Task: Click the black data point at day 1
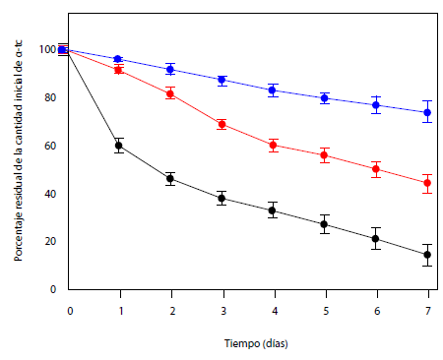coord(119,146)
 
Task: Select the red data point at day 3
coord(221,124)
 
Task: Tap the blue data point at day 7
coord(427,112)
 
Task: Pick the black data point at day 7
coord(427,255)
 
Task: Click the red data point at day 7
coord(427,183)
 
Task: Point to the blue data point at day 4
coord(273,90)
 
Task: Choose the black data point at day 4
coord(273,210)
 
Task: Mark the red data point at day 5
coord(324,155)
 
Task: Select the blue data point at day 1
coord(119,59)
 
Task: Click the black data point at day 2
coord(170,179)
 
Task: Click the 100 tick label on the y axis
coord(47,50)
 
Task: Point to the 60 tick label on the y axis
coord(50,146)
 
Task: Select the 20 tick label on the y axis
coord(50,242)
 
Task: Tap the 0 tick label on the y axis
coord(53,290)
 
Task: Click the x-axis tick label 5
coord(325,310)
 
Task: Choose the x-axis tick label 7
coord(427,310)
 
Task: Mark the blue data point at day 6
coord(376,105)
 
